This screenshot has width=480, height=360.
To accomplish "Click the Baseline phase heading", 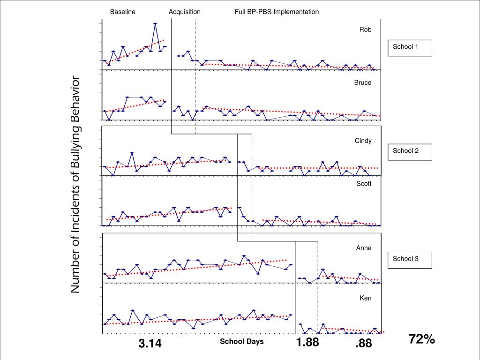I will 123,12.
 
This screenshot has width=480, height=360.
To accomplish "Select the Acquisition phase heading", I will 185,12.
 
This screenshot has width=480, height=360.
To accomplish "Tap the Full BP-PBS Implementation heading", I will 277,12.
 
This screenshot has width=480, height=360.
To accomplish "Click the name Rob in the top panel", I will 366,30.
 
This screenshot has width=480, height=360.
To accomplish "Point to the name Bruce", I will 363,82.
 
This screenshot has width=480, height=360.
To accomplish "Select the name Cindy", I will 363,141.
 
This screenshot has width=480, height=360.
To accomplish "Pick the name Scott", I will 364,184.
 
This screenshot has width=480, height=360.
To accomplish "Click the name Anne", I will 364,248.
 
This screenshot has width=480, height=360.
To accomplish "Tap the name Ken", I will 366,298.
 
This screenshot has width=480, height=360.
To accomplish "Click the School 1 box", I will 409,47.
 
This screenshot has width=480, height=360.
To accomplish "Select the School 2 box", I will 409,151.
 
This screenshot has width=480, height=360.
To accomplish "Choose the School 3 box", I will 409,259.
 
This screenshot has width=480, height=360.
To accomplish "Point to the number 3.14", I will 150,344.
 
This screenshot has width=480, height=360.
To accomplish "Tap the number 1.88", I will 307,343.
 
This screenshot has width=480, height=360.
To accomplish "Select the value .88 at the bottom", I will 363,344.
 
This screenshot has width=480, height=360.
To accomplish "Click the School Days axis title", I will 242,341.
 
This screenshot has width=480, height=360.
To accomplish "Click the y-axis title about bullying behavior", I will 75,185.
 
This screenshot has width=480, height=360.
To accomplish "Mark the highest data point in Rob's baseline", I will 155,23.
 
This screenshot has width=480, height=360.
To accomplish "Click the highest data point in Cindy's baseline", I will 132,153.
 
